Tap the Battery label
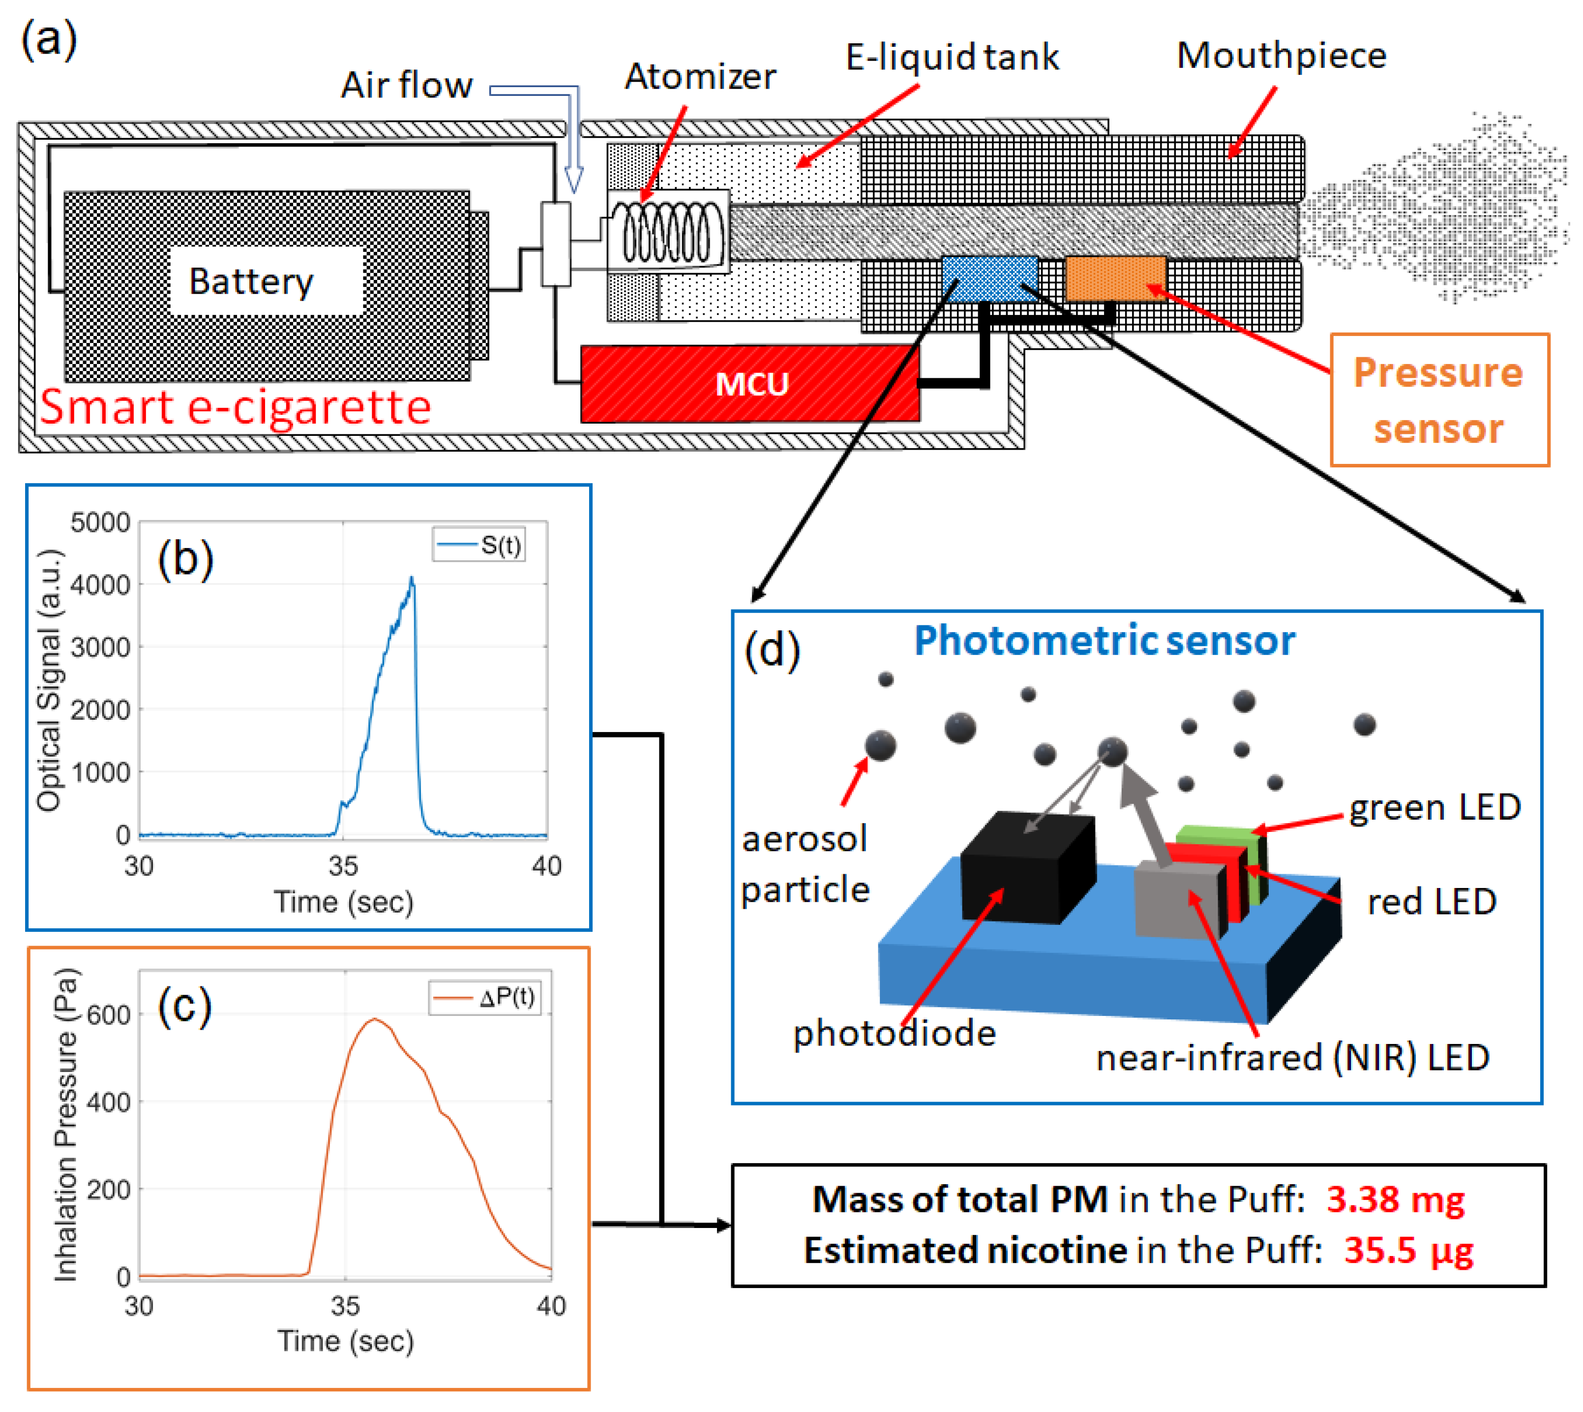click(251, 281)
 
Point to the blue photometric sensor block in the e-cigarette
click(989, 278)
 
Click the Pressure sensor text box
click(1439, 400)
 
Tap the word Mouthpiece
click(1281, 56)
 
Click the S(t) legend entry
click(479, 546)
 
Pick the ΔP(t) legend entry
click(485, 998)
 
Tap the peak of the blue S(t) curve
click(412, 579)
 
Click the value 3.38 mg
click(1395, 1199)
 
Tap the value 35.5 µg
click(1408, 1251)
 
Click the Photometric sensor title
click(1105, 641)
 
